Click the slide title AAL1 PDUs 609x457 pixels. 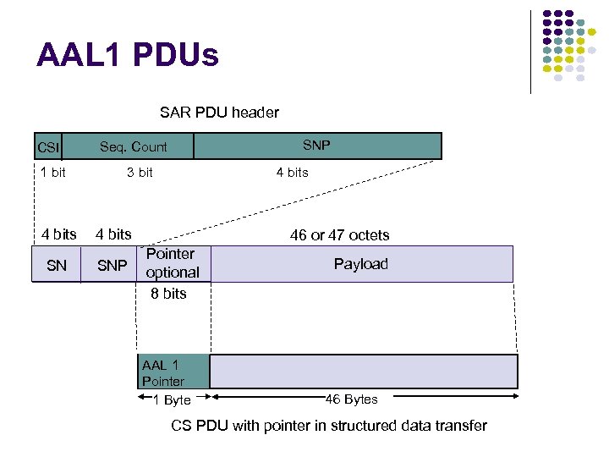(x=128, y=56)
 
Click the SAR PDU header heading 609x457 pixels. (x=219, y=112)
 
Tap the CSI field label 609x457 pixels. (x=48, y=148)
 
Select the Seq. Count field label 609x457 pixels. (x=134, y=146)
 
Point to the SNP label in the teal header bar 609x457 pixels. (x=316, y=145)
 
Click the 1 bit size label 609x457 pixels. (x=52, y=173)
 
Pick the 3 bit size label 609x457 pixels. (x=140, y=173)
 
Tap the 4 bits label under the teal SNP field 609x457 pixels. (x=292, y=173)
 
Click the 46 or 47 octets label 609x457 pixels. (x=339, y=234)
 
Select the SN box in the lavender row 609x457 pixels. (x=57, y=265)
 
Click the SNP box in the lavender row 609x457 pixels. (x=112, y=265)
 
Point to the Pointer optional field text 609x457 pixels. (x=172, y=263)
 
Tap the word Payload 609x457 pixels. (x=360, y=264)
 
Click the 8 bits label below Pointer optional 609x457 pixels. (x=168, y=294)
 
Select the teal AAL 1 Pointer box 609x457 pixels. (x=173, y=372)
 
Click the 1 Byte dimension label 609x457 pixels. (x=172, y=399)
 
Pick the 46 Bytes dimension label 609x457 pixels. (x=352, y=399)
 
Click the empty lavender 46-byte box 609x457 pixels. (x=363, y=372)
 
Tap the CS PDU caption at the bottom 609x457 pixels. (x=329, y=425)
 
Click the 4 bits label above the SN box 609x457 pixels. (x=59, y=234)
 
